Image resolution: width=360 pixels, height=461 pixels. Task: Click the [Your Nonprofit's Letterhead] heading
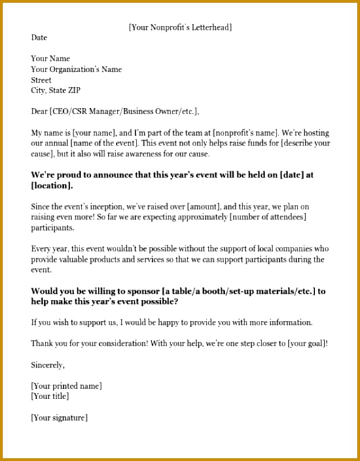[180, 27]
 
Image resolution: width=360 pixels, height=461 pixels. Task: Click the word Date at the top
[39, 38]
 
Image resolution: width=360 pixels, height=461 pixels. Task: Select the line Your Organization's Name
[76, 69]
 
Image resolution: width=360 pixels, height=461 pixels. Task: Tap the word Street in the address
[41, 80]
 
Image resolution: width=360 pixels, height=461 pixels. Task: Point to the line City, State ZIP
[55, 90]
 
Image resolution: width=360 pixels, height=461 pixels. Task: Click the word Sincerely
[48, 365]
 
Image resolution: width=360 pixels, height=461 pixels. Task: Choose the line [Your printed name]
[67, 386]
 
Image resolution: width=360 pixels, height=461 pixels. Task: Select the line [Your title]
[50, 396]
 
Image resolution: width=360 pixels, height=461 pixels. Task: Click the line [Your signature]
[59, 417]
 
